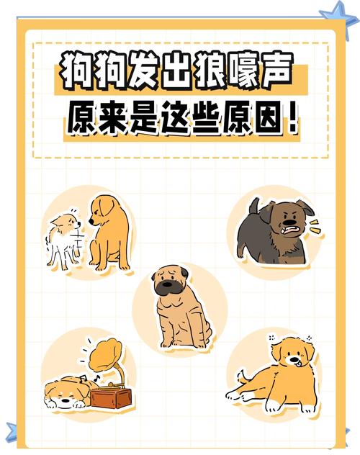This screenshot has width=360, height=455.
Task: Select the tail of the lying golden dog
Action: click(x=243, y=375)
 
